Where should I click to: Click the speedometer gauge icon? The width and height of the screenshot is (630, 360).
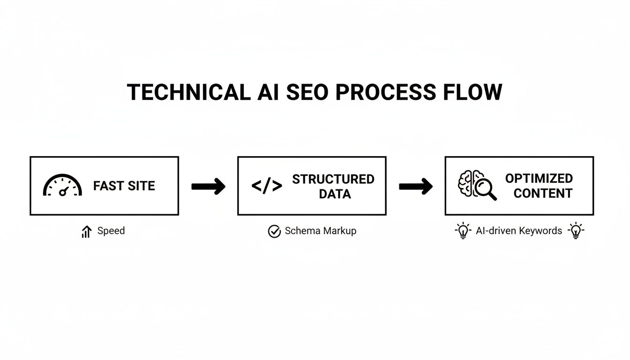pyautogui.click(x=62, y=186)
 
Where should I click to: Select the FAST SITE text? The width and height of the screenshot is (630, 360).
pyautogui.click(x=124, y=186)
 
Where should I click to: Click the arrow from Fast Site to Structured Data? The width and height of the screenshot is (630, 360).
pyautogui.click(x=208, y=187)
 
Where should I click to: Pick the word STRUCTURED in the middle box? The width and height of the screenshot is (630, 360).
pyautogui.click(x=333, y=179)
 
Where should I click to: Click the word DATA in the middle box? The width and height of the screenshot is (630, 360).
pyautogui.click(x=335, y=194)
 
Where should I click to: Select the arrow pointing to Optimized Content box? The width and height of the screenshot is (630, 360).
pyautogui.click(x=415, y=187)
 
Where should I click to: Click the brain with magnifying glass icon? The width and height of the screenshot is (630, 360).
pyautogui.click(x=476, y=186)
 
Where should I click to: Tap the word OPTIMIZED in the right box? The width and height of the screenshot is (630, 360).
pyautogui.click(x=539, y=179)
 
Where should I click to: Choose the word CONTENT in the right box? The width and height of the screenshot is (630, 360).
pyautogui.click(x=542, y=194)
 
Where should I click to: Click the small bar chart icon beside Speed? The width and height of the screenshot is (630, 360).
pyautogui.click(x=86, y=231)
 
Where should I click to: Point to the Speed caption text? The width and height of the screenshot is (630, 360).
pyautogui.click(x=111, y=231)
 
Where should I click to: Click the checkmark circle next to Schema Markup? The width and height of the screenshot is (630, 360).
pyautogui.click(x=274, y=231)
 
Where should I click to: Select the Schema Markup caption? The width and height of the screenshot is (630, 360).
pyautogui.click(x=320, y=231)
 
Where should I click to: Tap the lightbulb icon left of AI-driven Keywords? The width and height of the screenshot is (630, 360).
pyautogui.click(x=463, y=231)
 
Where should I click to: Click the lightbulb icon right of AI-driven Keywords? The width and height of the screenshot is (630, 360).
pyautogui.click(x=576, y=231)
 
